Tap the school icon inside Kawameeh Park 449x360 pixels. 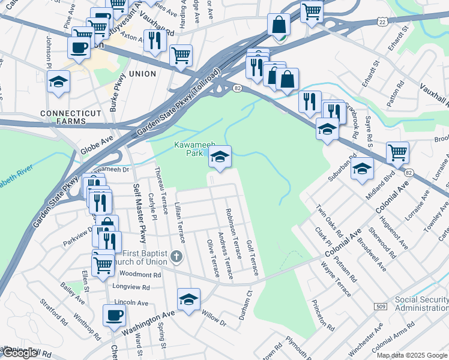[220, 157]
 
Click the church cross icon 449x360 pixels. [176, 257]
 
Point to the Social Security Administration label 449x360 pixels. [421, 304]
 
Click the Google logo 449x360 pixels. [19, 353]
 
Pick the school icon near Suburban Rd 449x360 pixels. [363, 168]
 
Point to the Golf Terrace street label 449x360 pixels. [252, 255]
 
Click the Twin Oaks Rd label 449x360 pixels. [330, 221]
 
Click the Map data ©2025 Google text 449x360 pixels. [412, 355]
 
